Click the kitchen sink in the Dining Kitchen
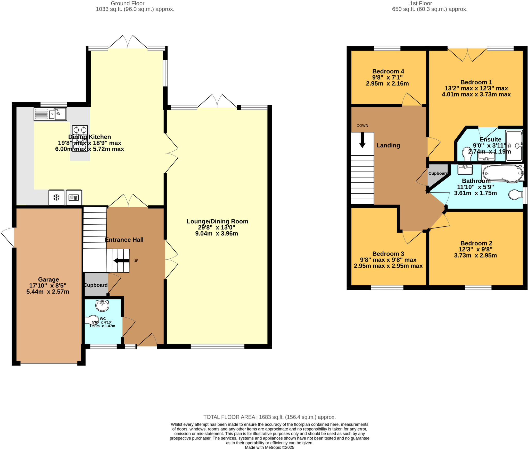click(x=50, y=114)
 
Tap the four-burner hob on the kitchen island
click(x=80, y=138)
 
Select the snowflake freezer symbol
click(x=56, y=198)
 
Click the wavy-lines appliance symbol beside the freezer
click(x=74, y=198)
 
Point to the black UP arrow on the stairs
click(x=121, y=261)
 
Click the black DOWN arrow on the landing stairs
click(x=362, y=140)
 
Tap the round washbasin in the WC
click(x=102, y=306)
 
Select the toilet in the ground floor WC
click(x=92, y=320)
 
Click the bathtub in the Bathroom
click(x=503, y=173)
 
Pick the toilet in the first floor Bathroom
click(x=516, y=195)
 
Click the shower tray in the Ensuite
click(x=514, y=146)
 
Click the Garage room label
click(x=48, y=279)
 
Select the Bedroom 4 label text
click(x=388, y=71)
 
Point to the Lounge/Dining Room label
click(x=217, y=221)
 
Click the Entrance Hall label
click(x=124, y=240)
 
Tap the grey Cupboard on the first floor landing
click(x=438, y=175)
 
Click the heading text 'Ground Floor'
click(x=128, y=3)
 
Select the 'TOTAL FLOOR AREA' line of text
click(x=269, y=417)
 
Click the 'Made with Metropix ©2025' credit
click(x=269, y=447)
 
